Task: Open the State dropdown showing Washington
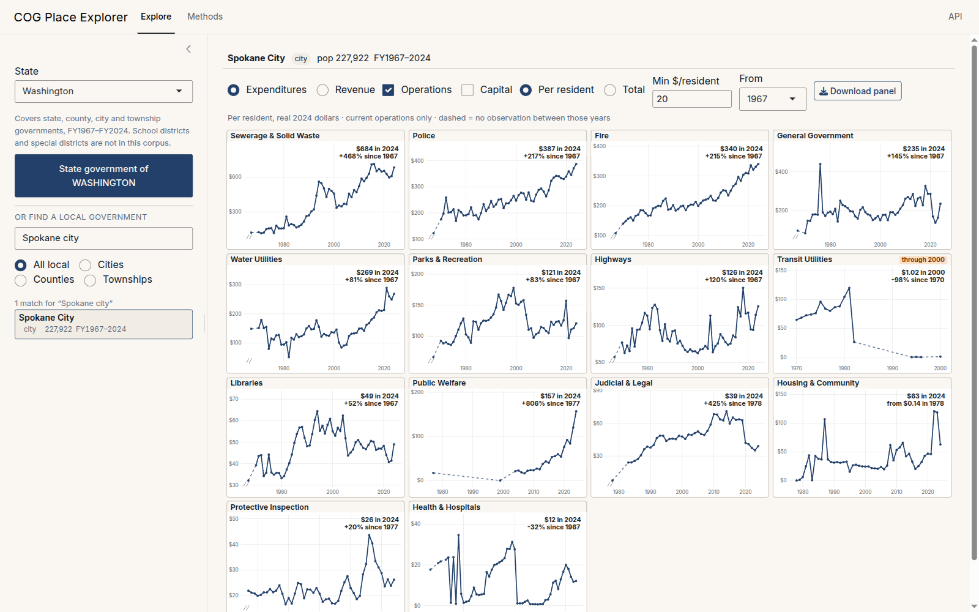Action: [x=103, y=91]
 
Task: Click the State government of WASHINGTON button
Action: [x=103, y=176]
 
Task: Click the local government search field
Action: [x=103, y=238]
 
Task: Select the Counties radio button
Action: [x=21, y=280]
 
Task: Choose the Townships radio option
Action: [x=90, y=280]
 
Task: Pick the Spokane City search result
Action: [x=103, y=324]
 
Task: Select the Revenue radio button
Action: [x=322, y=90]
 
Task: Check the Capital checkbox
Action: [x=467, y=90]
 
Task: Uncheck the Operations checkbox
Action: [x=388, y=90]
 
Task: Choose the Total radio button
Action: [x=609, y=90]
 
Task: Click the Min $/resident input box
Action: [x=692, y=99]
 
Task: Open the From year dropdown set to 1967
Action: [x=773, y=99]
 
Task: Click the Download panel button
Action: [x=857, y=91]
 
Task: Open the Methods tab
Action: [x=205, y=17]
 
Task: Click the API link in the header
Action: [x=955, y=17]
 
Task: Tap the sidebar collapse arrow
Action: [x=188, y=49]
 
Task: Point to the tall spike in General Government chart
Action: [x=820, y=164]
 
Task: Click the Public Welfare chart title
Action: [x=439, y=383]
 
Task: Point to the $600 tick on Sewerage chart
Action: [x=235, y=177]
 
